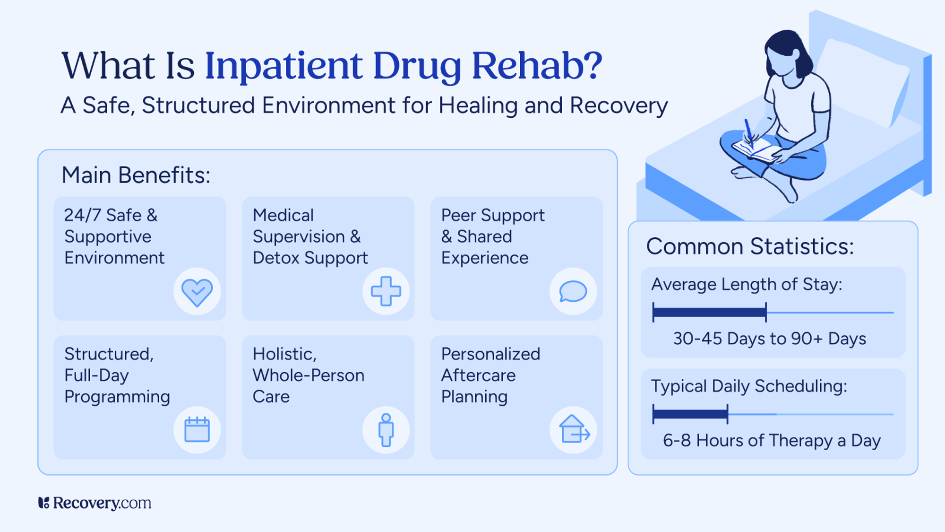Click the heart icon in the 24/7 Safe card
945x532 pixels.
[197, 292]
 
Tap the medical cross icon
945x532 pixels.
[386, 291]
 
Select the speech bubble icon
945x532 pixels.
[573, 291]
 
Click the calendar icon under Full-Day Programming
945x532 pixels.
[197, 429]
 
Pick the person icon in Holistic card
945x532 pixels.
[386, 429]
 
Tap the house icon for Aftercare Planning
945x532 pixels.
[574, 429]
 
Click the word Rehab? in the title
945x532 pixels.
[537, 66]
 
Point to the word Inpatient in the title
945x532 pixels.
[283, 66]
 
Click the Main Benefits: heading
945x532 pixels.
[136, 175]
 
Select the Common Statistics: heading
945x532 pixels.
[750, 247]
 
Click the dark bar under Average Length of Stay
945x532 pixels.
[709, 313]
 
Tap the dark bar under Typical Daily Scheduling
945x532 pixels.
[690, 414]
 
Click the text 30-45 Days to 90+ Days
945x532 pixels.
[769, 339]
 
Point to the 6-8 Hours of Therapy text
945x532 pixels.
[772, 441]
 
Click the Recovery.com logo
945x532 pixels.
[95, 503]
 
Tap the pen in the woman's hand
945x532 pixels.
[748, 130]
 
